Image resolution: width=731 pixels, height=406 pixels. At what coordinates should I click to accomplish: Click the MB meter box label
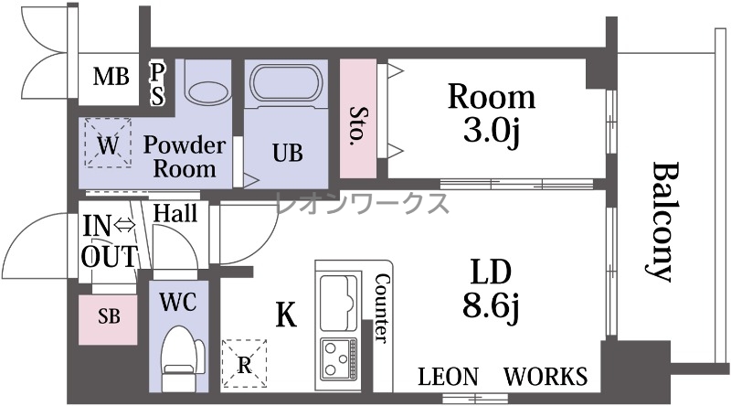click(x=111, y=76)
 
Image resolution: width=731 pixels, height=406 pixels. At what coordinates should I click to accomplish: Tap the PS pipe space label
click(x=157, y=84)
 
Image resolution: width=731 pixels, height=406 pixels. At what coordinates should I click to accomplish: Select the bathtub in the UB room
click(x=286, y=84)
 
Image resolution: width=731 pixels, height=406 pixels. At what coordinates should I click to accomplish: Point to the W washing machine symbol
click(x=108, y=143)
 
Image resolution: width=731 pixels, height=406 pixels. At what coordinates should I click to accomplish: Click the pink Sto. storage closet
click(x=357, y=119)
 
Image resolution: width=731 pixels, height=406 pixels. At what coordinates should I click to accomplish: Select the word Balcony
click(x=662, y=222)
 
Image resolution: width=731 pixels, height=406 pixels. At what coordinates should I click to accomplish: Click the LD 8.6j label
click(x=492, y=288)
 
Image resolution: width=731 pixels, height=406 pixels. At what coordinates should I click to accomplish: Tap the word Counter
click(x=382, y=308)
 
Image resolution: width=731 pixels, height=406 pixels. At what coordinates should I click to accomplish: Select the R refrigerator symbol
click(x=244, y=364)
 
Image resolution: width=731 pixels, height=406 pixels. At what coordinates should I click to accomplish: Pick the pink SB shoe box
click(x=108, y=320)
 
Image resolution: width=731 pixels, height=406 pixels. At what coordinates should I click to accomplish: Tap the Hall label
click(x=175, y=213)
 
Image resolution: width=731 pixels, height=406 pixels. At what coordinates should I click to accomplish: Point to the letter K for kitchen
click(x=286, y=315)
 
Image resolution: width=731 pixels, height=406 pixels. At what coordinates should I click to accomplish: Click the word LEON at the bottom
click(x=449, y=377)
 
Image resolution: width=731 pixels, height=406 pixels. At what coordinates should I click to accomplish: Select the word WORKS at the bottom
click(x=546, y=376)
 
